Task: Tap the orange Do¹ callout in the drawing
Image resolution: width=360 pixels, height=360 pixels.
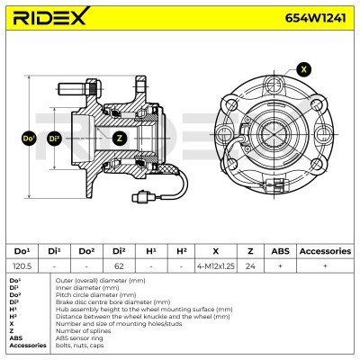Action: pyautogui.click(x=28, y=139)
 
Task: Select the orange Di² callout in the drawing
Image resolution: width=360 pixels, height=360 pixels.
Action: pyautogui.click(x=55, y=139)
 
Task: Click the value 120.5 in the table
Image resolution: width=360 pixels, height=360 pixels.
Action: pyautogui.click(x=23, y=267)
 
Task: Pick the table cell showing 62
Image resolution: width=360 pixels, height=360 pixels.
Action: pyautogui.click(x=118, y=267)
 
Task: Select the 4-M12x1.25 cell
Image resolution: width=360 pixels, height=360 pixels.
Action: pyautogui.click(x=216, y=267)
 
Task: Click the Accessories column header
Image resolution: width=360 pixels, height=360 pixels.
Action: pyautogui.click(x=325, y=251)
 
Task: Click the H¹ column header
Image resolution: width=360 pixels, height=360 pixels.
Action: pyautogui.click(x=149, y=251)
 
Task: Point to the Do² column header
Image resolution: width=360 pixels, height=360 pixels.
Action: pyautogui.click(x=86, y=251)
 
